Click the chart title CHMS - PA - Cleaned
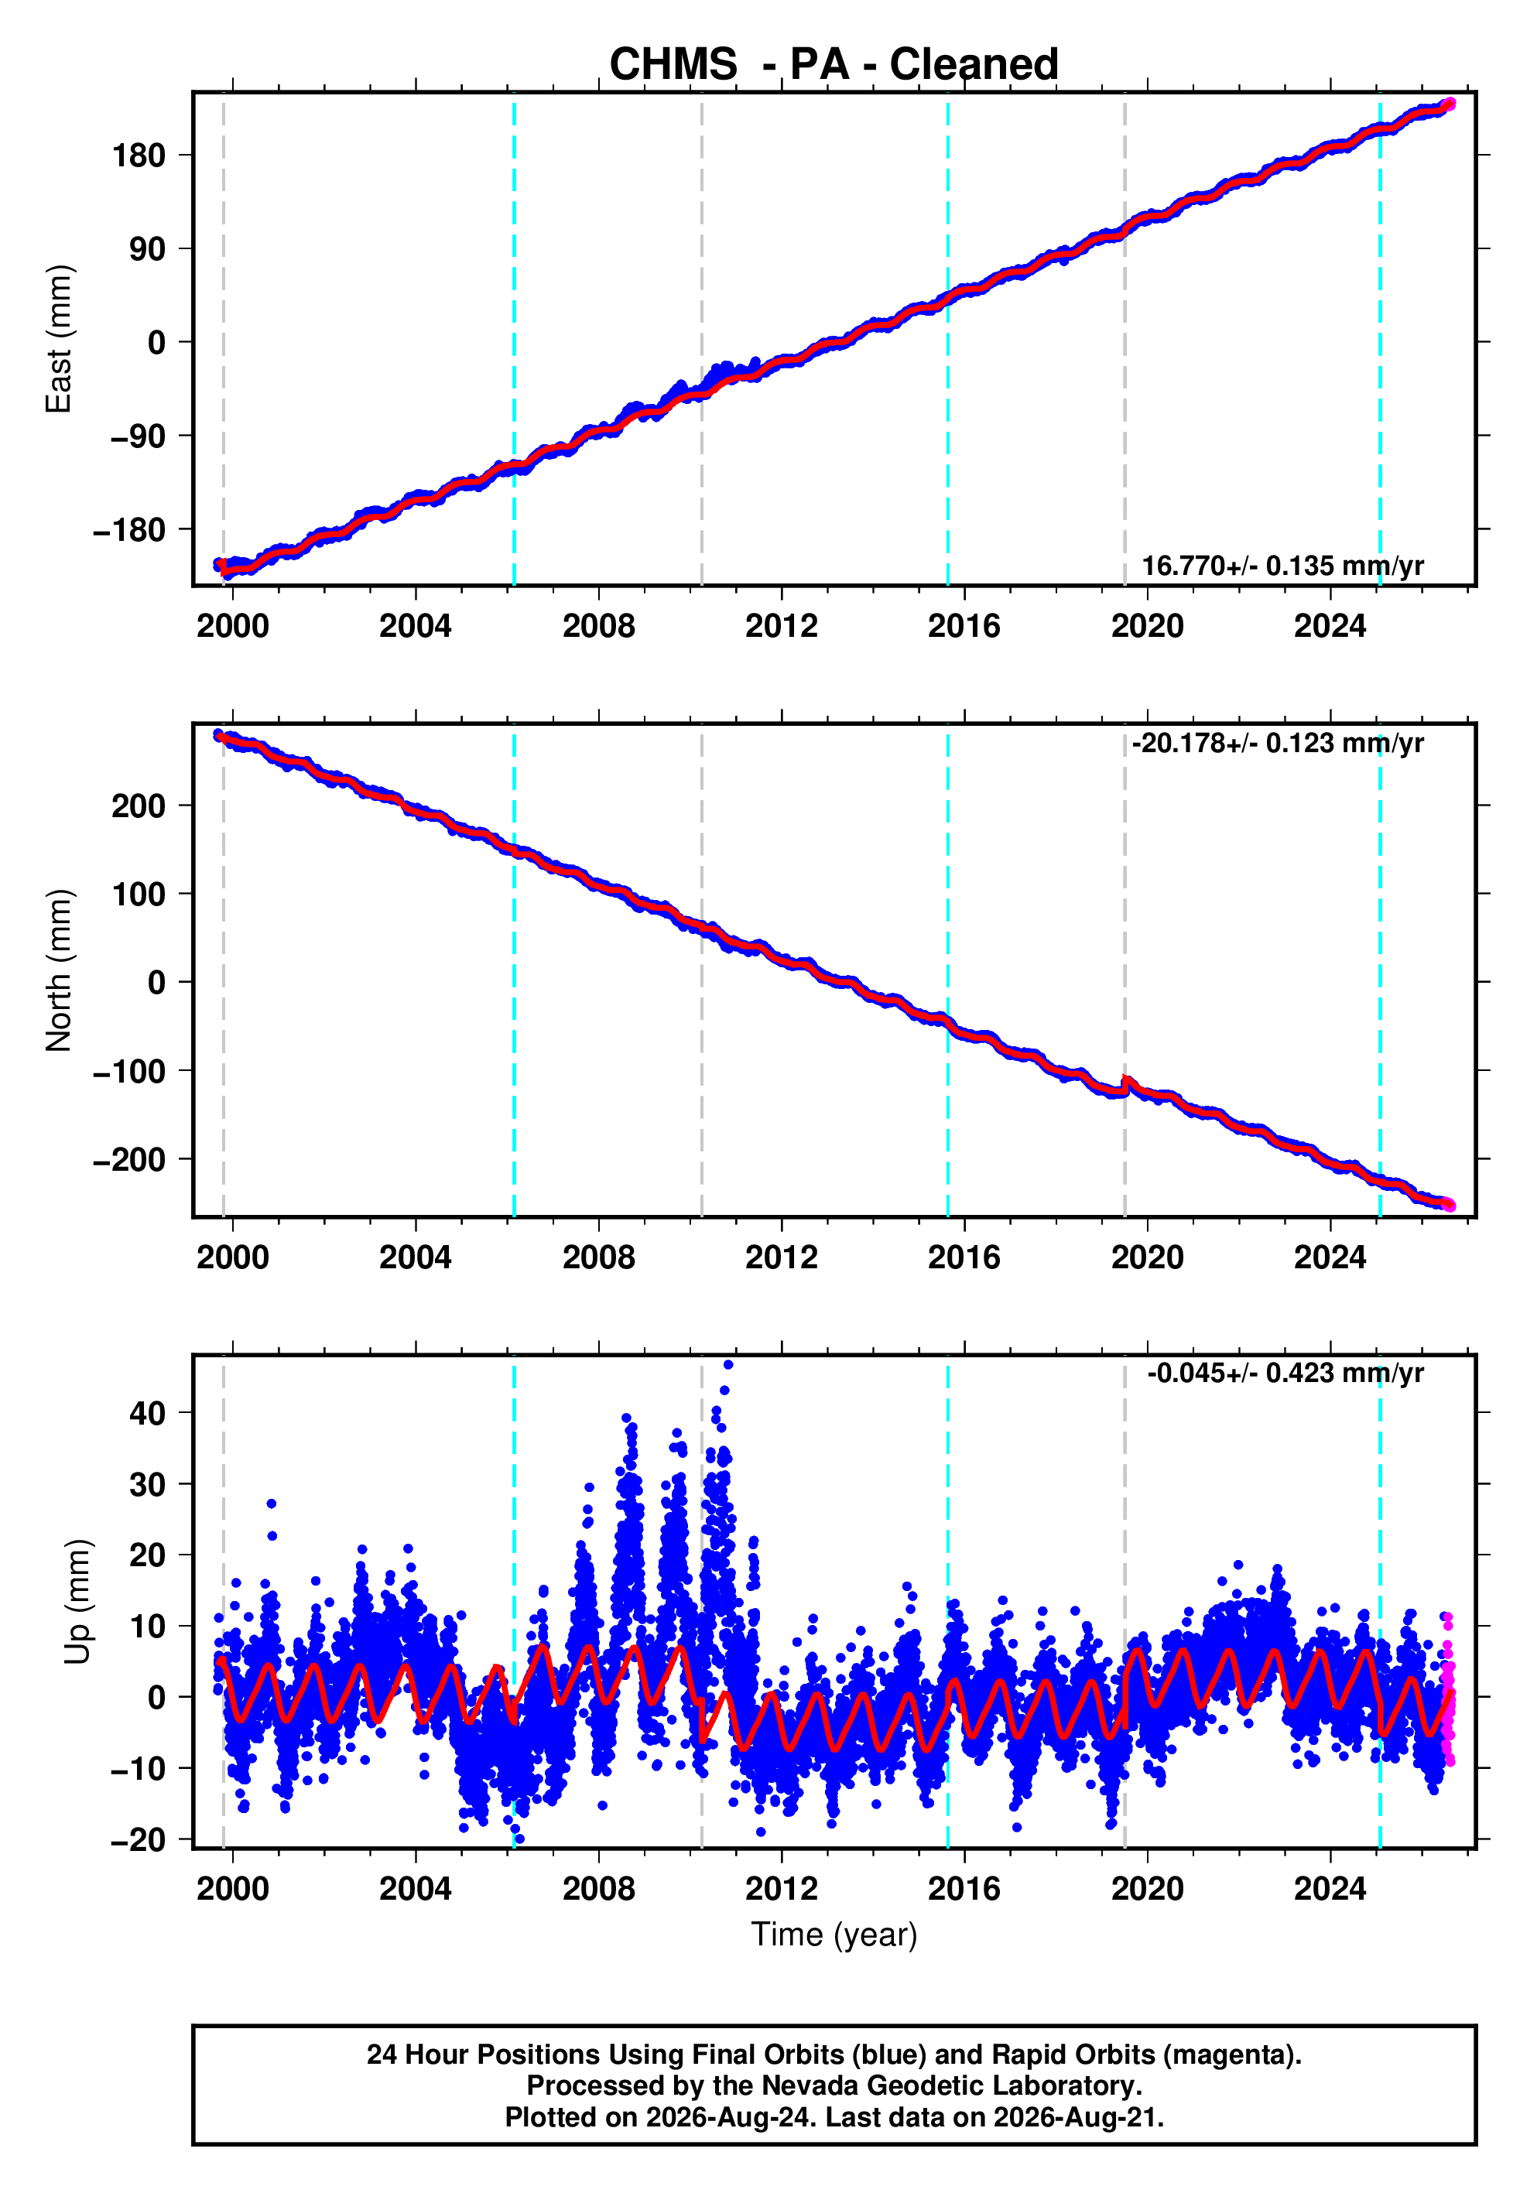(834, 64)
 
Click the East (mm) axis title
(58, 339)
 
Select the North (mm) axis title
(58, 970)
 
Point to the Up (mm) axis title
(77, 1602)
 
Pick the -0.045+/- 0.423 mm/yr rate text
(1285, 1373)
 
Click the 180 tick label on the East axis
(139, 155)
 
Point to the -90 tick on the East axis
(138, 436)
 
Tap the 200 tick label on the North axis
(139, 806)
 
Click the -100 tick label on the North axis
(129, 1071)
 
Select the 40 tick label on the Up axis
(148, 1413)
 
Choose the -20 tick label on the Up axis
(138, 1839)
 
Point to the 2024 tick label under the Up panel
(1330, 1888)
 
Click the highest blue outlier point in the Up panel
(728, 1365)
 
